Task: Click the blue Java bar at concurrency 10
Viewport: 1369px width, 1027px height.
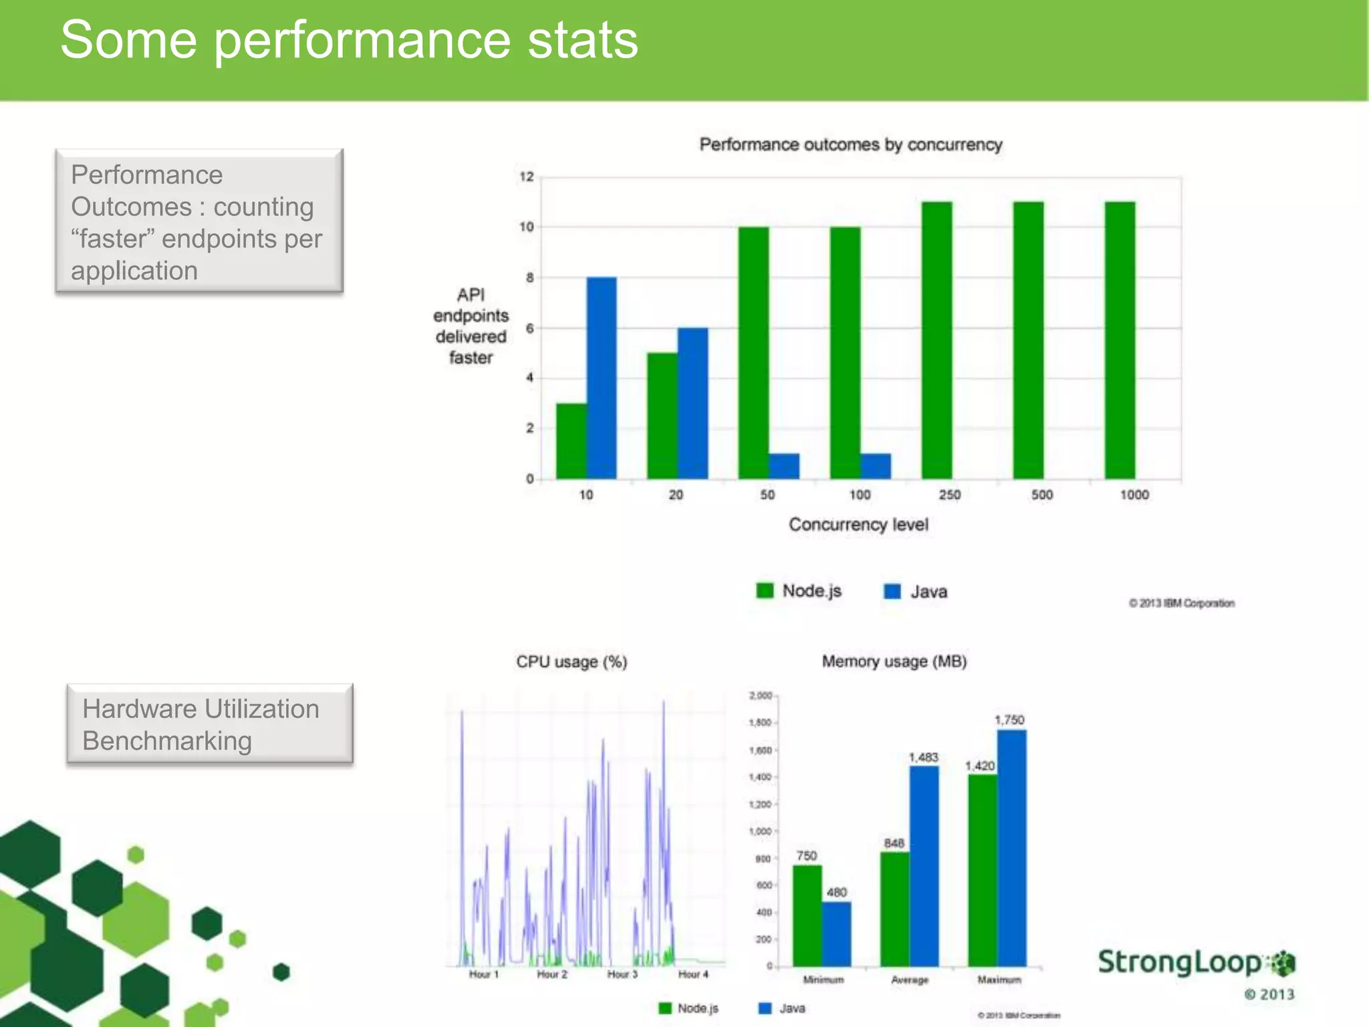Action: coord(602,378)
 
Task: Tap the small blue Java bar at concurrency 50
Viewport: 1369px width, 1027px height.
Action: coord(784,466)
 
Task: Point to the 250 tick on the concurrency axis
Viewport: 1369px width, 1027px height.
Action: coord(950,495)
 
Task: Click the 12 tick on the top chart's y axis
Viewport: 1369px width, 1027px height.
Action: coord(527,177)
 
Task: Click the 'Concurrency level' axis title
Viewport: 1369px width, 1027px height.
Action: coord(858,524)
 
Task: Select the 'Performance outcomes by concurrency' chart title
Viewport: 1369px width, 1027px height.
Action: coord(850,144)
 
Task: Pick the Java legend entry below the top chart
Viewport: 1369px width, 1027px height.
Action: coord(916,591)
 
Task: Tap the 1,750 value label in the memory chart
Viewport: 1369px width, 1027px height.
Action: coord(1009,720)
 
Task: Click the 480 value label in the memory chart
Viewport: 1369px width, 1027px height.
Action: coord(836,892)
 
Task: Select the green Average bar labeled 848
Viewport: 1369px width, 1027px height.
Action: coord(894,909)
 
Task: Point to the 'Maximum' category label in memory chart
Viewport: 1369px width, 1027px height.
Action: coord(999,980)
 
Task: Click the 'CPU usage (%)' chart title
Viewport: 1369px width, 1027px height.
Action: coord(572,662)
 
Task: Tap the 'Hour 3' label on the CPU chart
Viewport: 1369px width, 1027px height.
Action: coord(622,974)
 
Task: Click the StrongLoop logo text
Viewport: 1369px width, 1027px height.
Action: coord(1180,962)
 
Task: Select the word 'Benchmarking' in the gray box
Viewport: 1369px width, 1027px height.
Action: coord(167,741)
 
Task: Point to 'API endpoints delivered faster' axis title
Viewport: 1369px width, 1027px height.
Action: coord(471,326)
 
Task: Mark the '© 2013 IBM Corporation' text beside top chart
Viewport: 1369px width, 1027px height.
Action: coord(1181,603)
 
